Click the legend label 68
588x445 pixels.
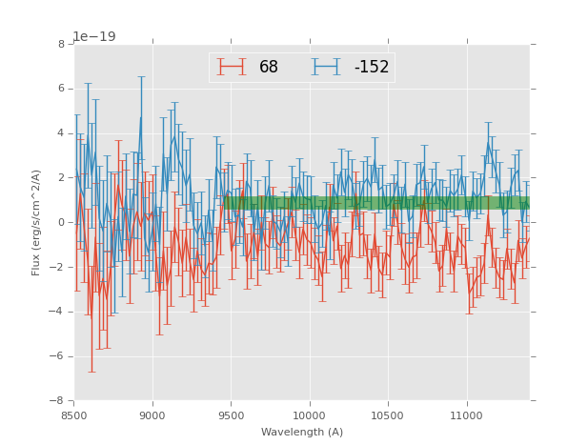tap(269, 68)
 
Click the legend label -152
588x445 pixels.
tap(372, 68)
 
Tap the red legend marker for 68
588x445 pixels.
tap(232, 67)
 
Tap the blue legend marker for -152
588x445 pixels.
tap(326, 67)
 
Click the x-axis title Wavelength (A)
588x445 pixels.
tap(302, 432)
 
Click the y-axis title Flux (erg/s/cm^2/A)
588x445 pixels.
tap(36, 222)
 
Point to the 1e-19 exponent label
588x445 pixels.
tap(93, 36)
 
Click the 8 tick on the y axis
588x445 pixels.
tap(61, 45)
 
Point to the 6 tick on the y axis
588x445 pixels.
tap(61, 89)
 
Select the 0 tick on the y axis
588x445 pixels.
tap(61, 223)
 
